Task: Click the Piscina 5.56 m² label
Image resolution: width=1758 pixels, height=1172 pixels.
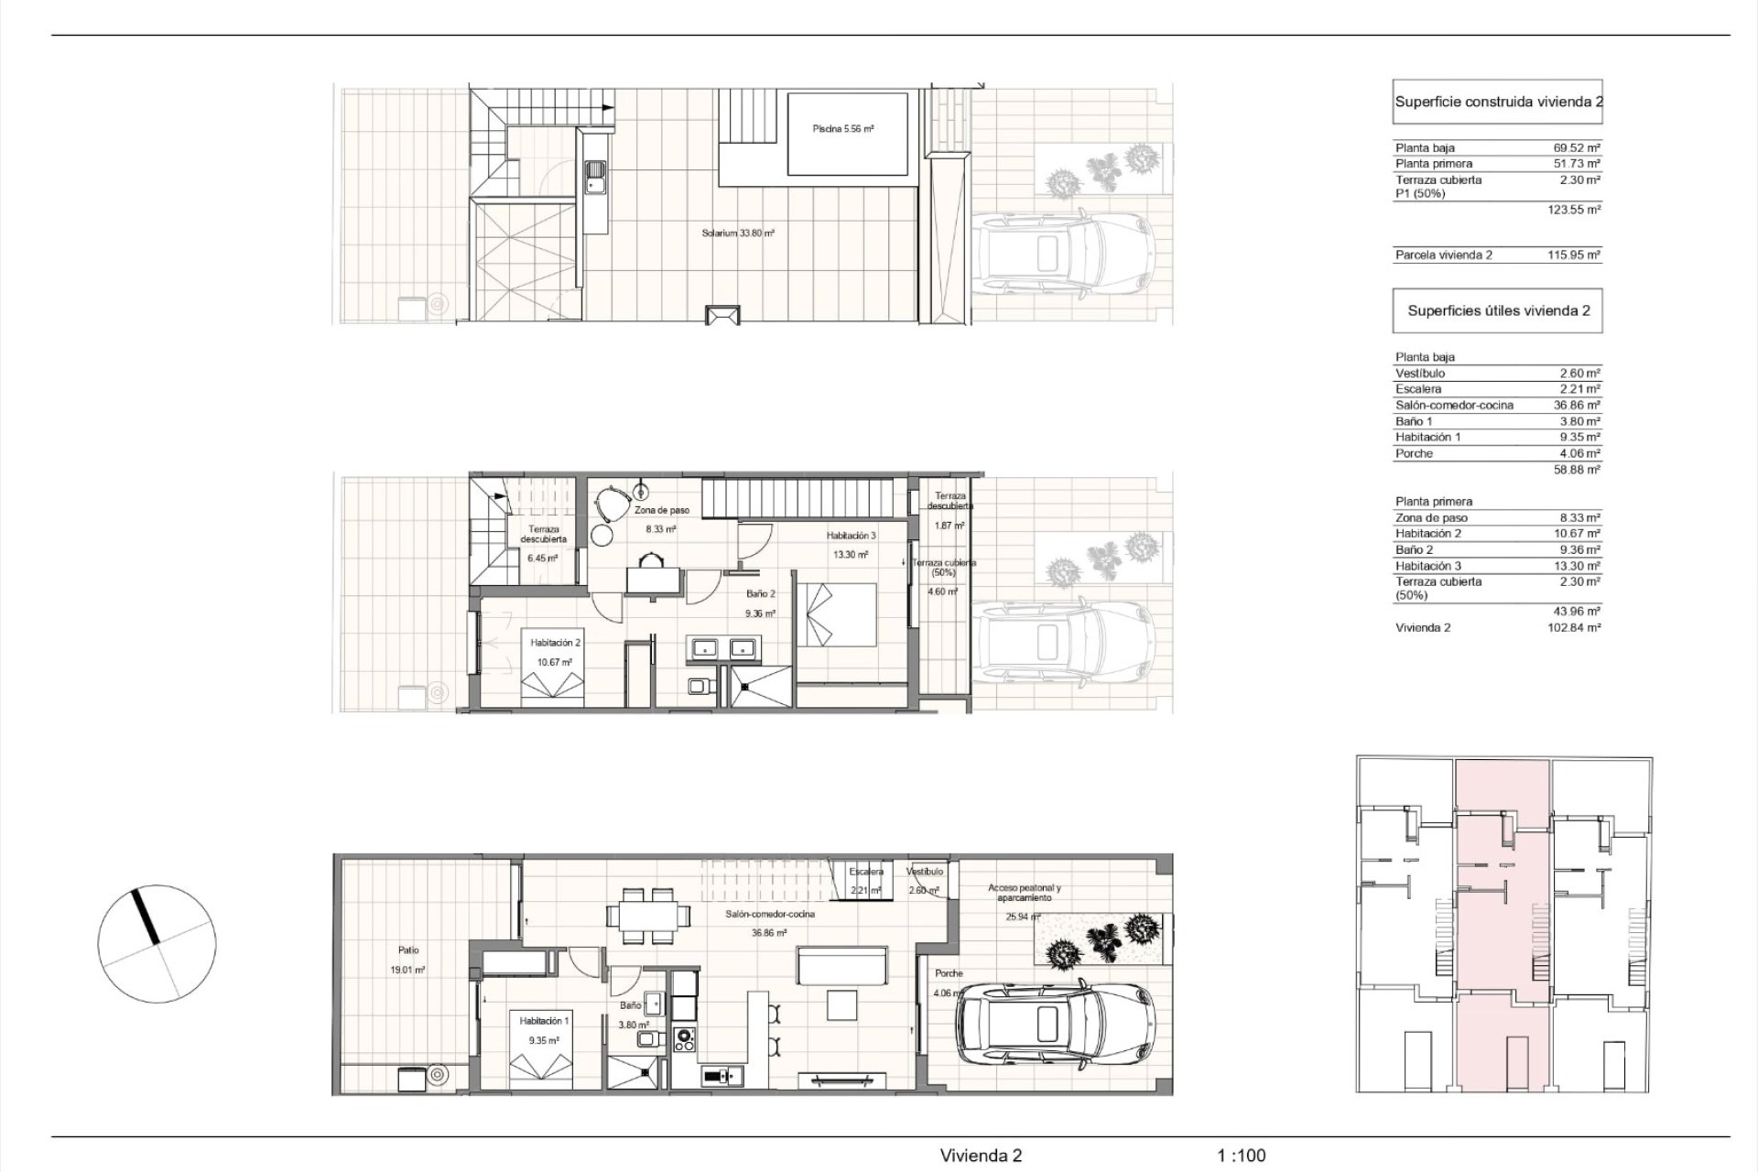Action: coord(842,129)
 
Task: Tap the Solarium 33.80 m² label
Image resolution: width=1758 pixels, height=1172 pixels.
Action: coord(738,233)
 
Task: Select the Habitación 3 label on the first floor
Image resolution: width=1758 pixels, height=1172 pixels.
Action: coord(852,536)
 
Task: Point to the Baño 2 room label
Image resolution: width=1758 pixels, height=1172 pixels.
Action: coord(760,593)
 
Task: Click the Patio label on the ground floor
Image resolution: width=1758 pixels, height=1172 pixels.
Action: coord(408,950)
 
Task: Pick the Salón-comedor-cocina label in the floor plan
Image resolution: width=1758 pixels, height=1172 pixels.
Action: coord(770,914)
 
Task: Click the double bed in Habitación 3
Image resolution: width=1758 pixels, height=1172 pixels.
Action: coord(837,615)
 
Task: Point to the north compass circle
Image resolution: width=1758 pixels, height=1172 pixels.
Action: coord(157,944)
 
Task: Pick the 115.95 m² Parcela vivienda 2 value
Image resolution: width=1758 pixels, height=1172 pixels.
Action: coord(1574,255)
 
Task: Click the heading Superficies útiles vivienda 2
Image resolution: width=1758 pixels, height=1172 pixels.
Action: coord(1499,310)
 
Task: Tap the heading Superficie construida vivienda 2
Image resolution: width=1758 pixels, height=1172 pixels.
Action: coord(1499,102)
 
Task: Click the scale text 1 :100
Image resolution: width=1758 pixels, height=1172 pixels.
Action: coord(1242,1156)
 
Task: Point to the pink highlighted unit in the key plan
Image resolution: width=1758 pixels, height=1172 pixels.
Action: coord(1503,927)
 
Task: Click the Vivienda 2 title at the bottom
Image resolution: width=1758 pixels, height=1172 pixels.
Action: coord(981,1156)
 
